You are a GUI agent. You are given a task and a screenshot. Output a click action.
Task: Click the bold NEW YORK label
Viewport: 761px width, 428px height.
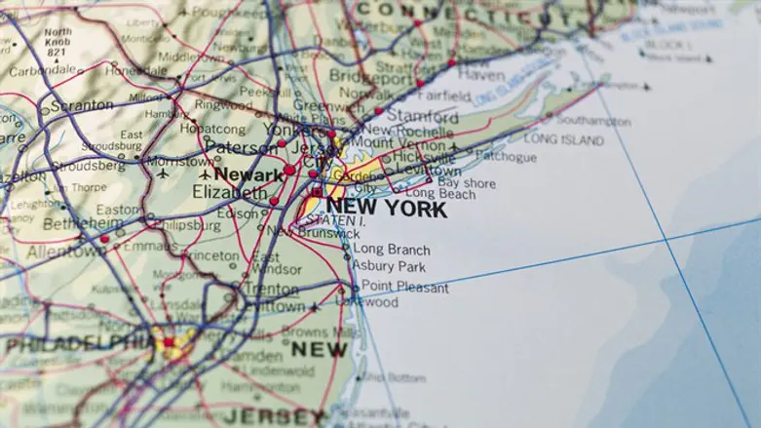(x=386, y=208)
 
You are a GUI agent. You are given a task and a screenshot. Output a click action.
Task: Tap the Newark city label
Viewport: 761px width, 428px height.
(x=248, y=175)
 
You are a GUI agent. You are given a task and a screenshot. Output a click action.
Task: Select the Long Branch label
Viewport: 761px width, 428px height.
(x=391, y=250)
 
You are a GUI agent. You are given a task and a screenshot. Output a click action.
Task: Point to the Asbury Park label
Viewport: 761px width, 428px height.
(x=389, y=266)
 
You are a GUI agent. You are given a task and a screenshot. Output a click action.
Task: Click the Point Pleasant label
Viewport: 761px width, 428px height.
(x=405, y=288)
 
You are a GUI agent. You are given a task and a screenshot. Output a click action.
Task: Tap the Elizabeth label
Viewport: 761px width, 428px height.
(x=230, y=193)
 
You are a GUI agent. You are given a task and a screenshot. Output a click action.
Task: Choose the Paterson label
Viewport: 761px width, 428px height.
(x=239, y=148)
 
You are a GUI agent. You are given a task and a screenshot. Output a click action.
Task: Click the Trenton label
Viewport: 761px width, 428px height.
(x=270, y=289)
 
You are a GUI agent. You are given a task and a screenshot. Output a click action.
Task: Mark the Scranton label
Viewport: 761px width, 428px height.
(x=81, y=103)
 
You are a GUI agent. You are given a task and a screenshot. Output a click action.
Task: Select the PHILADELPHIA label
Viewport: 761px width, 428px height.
(x=78, y=344)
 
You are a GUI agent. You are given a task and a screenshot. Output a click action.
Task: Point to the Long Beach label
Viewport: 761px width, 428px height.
(x=440, y=194)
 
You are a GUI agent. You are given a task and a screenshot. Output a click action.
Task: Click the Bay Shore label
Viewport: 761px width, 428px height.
(x=466, y=182)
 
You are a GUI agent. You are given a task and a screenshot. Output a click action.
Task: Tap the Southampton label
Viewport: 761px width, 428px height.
(x=593, y=122)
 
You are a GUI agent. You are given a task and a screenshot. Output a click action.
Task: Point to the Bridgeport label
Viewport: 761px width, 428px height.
(x=371, y=75)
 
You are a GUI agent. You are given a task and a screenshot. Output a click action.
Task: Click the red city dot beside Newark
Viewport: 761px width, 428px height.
(x=289, y=171)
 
